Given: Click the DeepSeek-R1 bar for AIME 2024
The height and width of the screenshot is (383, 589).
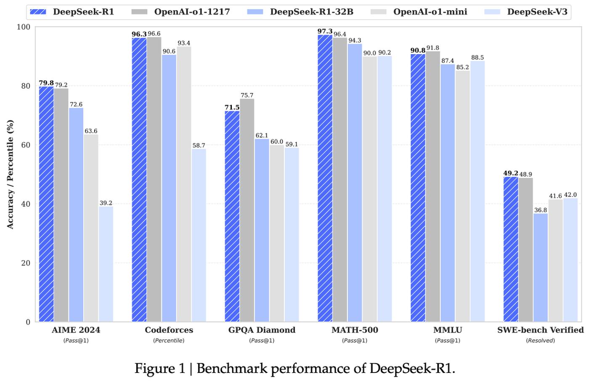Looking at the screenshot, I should (46, 204).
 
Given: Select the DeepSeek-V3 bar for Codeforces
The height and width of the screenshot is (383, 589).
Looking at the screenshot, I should (199, 235).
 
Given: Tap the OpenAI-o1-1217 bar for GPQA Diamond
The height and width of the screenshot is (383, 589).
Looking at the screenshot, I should (247, 210).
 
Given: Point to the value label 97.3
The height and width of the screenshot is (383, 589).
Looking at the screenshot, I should (325, 32).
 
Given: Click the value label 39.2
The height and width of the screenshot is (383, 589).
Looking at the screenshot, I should (106, 203).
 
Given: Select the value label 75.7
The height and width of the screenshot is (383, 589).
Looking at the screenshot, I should (247, 96).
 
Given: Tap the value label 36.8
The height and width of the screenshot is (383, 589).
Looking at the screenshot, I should (541, 210).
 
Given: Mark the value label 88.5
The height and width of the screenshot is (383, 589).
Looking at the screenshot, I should (478, 58).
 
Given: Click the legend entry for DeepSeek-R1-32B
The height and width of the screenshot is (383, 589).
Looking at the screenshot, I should (311, 12).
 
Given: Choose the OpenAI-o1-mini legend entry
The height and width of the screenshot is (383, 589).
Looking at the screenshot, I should (430, 12).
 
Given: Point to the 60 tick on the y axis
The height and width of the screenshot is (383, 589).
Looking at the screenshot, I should (26, 145).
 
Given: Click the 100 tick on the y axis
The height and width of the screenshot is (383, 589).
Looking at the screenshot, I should (24, 27).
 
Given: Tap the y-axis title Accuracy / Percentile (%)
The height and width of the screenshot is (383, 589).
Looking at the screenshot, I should (10, 174).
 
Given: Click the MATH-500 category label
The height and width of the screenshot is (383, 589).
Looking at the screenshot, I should (355, 330).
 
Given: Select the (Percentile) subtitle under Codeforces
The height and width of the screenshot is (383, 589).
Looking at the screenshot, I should (169, 340).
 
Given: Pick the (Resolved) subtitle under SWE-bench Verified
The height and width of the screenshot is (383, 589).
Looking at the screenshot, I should (541, 340).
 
